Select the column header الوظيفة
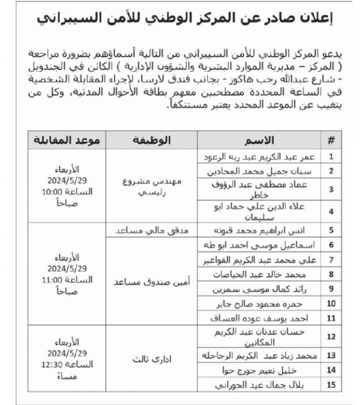tap(152, 140)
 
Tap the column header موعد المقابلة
tap(67, 140)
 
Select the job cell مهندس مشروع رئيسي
tap(152, 185)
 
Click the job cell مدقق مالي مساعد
tap(152, 231)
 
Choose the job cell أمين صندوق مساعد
tap(152, 282)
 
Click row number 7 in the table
tap(331, 259)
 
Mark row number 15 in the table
tap(331, 385)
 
